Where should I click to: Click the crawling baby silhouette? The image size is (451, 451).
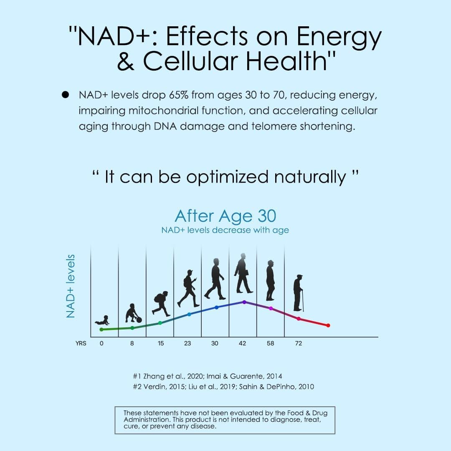(102, 320)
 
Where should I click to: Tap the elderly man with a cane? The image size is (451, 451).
(298, 293)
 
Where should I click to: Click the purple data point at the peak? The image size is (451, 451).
(244, 302)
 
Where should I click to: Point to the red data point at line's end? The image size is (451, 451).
(328, 325)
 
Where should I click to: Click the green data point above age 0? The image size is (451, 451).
(101, 329)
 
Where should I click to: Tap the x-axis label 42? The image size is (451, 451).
(242, 343)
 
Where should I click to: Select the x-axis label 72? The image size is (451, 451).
(298, 343)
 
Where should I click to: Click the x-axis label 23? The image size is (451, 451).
(187, 343)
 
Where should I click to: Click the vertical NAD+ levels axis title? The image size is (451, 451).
(71, 286)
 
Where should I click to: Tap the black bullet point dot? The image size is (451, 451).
(65, 95)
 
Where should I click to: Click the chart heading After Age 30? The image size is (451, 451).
(225, 216)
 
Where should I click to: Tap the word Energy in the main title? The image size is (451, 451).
(340, 37)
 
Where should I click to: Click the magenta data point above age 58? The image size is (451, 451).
(271, 308)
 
